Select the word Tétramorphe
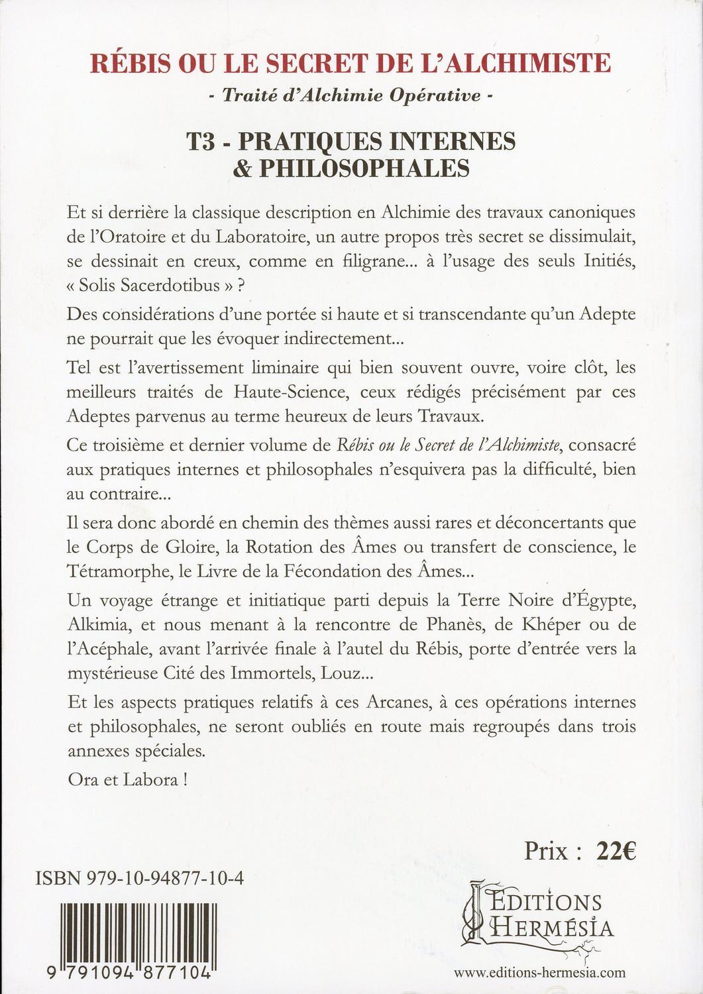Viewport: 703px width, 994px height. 115,573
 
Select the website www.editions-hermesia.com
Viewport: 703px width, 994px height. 540,973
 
